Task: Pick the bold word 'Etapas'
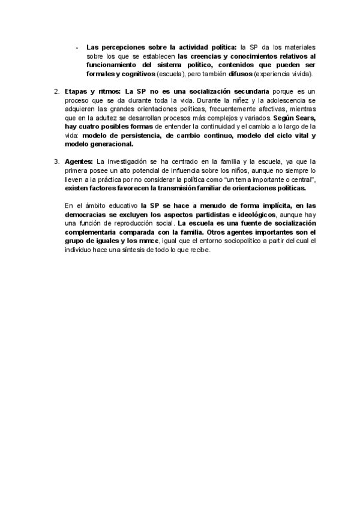(x=76, y=91)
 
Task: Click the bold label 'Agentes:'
(x=79, y=161)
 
